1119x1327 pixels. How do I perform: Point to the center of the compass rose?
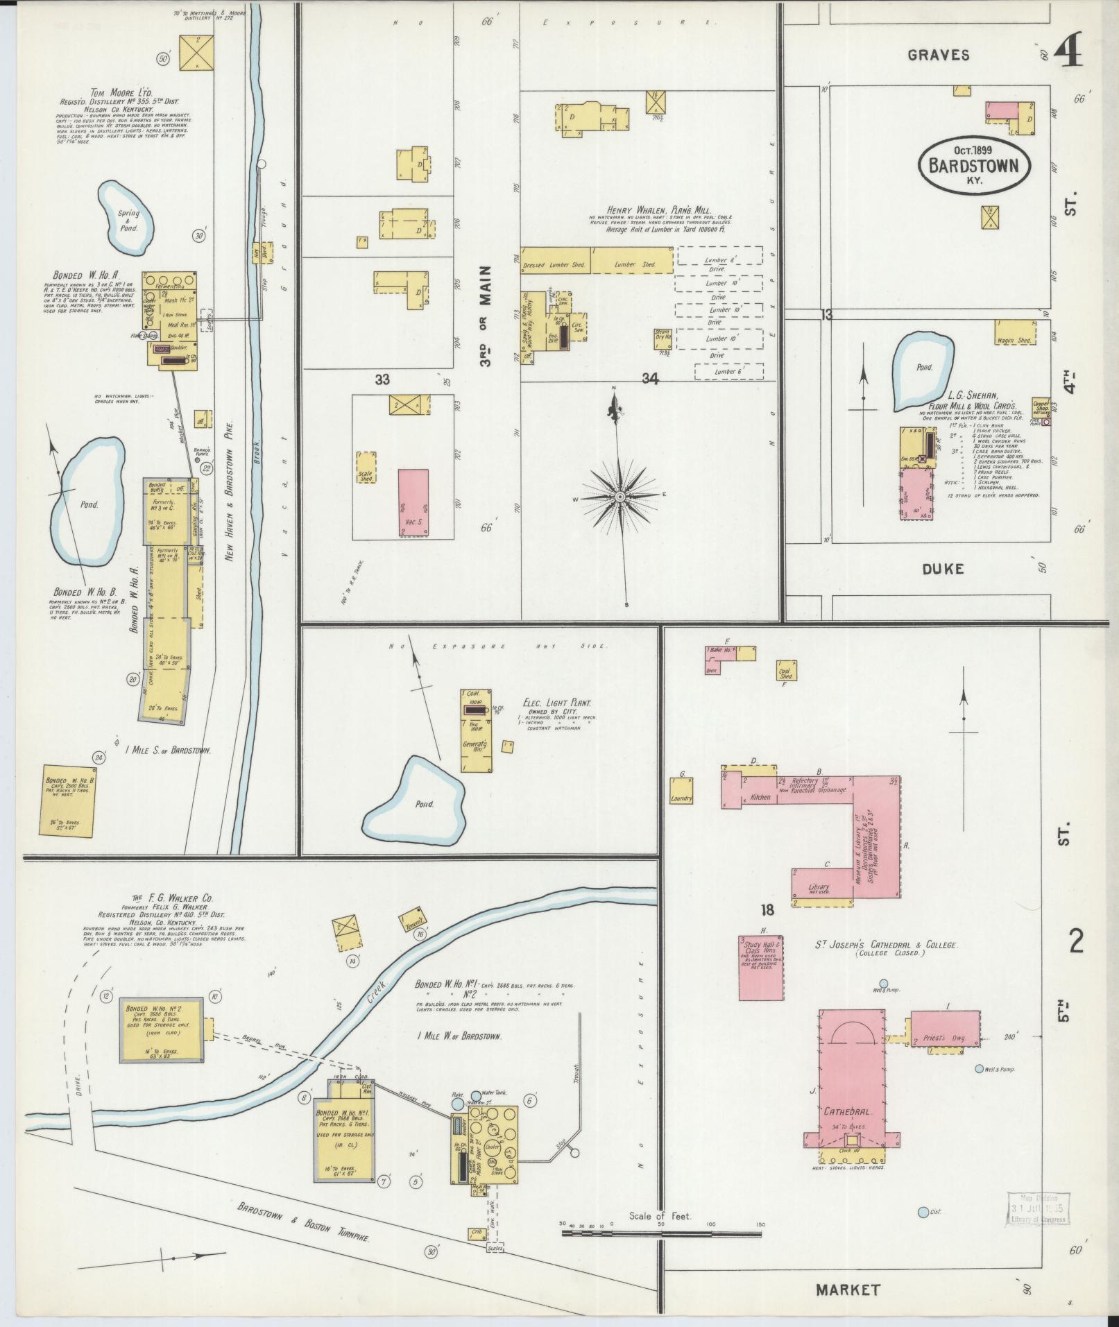(619, 497)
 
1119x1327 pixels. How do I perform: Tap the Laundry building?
(681, 790)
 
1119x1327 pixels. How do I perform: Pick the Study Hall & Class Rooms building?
(760, 968)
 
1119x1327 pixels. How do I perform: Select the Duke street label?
(942, 569)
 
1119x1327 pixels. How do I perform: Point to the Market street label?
(848, 1290)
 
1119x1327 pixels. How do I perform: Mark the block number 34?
(649, 378)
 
